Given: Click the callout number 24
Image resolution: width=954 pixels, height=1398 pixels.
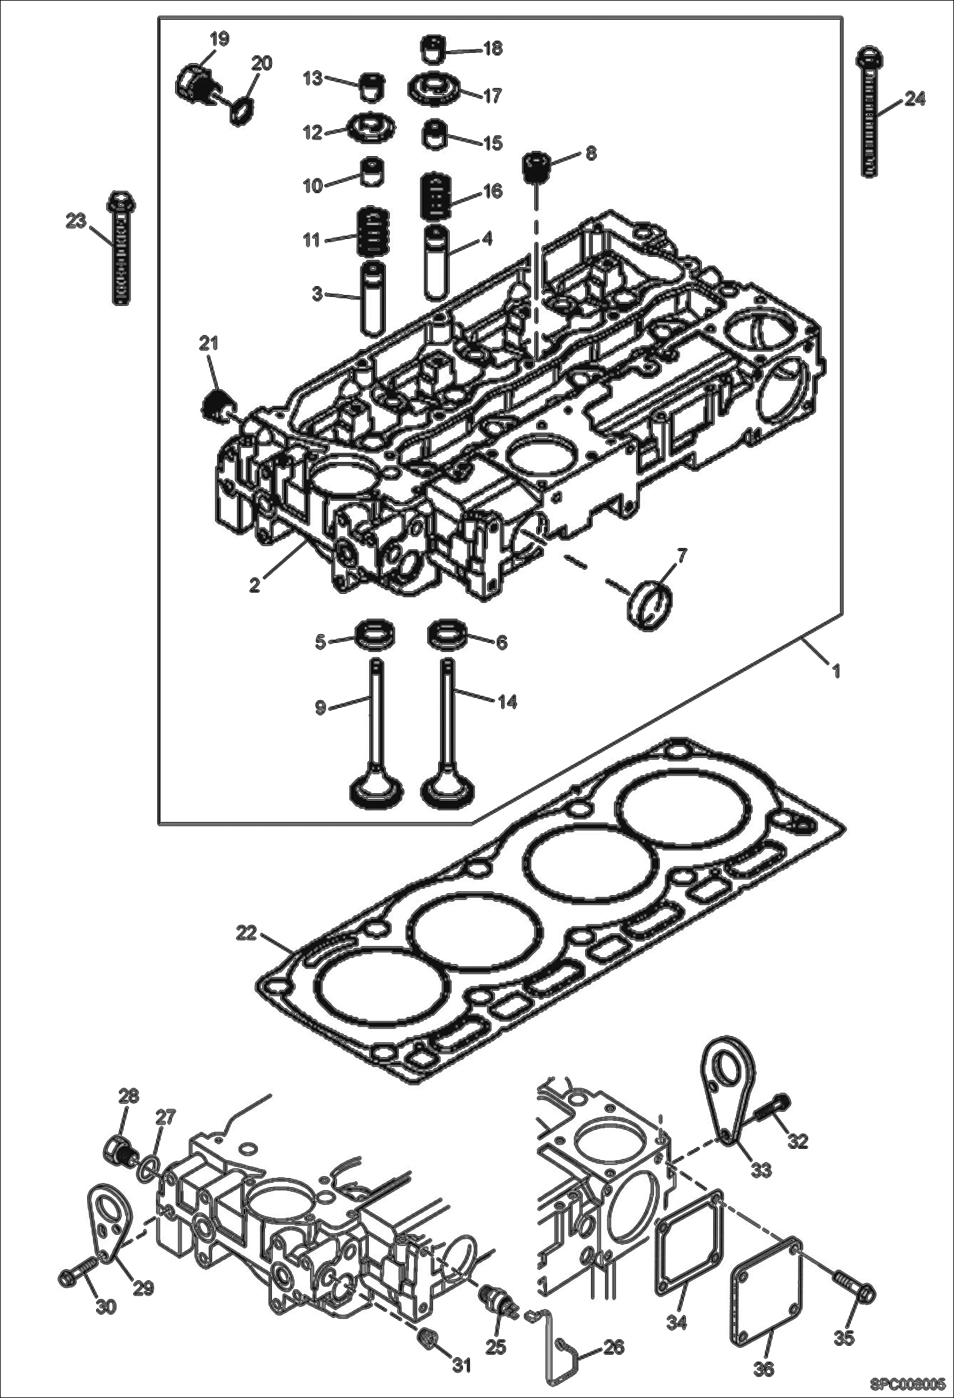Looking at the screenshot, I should pyautogui.click(x=915, y=99).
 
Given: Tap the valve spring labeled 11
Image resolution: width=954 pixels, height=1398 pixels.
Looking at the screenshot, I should pyautogui.click(x=371, y=231).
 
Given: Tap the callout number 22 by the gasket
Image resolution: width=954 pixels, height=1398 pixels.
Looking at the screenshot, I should pyautogui.click(x=246, y=933).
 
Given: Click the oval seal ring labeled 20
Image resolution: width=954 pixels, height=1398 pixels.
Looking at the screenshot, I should pyautogui.click(x=241, y=110).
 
